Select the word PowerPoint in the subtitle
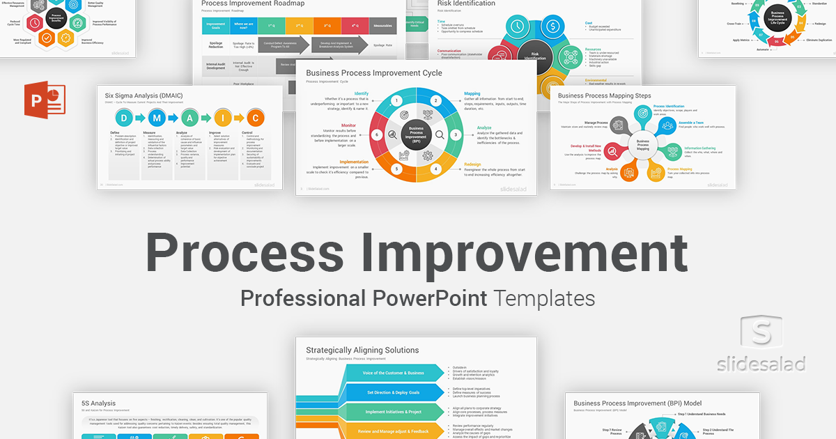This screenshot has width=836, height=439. pyautogui.click(x=428, y=299)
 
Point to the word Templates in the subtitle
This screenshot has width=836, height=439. pyautogui.click(x=545, y=299)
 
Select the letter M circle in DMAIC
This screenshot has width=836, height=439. pyautogui.click(x=155, y=117)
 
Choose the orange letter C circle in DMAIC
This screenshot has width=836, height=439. pyautogui.click(x=256, y=117)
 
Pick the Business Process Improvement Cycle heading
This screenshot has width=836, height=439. pyautogui.click(x=374, y=72)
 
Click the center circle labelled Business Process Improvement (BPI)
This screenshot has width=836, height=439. pyautogui.click(x=416, y=134)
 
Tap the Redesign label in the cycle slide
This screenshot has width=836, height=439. pyautogui.click(x=477, y=164)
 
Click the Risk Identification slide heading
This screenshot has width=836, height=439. pyautogui.click(x=466, y=3)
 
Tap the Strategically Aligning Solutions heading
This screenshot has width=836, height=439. pyautogui.click(x=362, y=350)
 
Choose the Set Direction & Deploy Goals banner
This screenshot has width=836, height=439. pyautogui.click(x=394, y=392)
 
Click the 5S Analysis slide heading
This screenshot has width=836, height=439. pyautogui.click(x=99, y=403)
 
